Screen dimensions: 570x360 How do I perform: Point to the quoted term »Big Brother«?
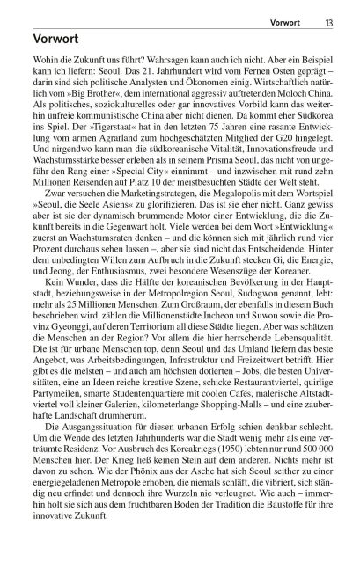coord(84,113)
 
